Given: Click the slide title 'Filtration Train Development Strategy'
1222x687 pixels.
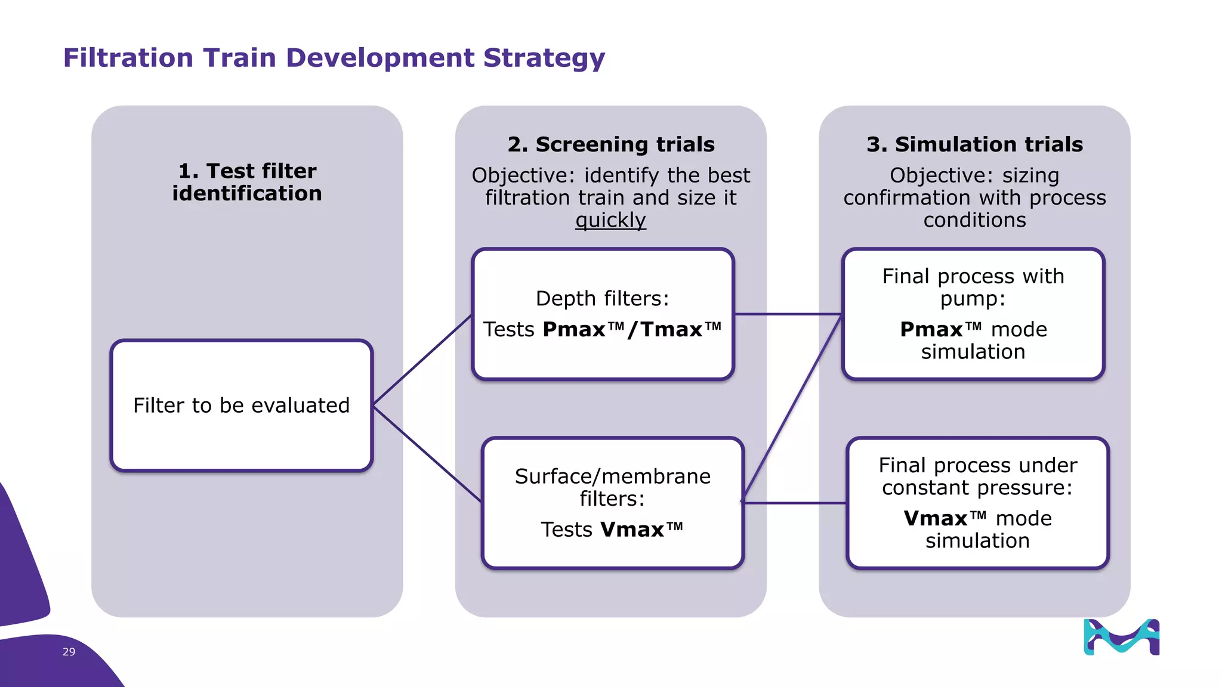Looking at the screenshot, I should coord(334,58).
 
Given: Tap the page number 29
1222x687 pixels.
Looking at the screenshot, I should coord(69,652).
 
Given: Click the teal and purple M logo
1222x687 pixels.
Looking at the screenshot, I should coord(1121,637).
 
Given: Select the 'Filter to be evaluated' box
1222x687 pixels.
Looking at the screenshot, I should coord(242,406).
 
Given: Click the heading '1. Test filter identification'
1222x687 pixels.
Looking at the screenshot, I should coord(247,182).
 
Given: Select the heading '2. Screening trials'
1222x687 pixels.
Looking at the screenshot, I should coord(611,144).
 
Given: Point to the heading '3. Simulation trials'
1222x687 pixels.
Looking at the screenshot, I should coord(974,144).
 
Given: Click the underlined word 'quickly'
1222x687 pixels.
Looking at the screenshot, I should coord(610,220).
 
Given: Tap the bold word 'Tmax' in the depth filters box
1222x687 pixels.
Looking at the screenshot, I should coord(672,330).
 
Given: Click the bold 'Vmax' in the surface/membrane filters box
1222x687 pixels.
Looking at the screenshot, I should coord(632,530).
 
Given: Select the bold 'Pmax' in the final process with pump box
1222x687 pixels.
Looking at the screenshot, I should coord(931,330).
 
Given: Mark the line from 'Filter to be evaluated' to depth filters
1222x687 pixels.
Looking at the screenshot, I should coord(422,360).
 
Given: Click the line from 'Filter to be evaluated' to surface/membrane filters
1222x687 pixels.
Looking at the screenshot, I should coord(427,454).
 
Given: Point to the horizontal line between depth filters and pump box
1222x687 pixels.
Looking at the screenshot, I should coord(788,314).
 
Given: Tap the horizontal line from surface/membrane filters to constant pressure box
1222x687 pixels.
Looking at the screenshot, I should coord(795,503).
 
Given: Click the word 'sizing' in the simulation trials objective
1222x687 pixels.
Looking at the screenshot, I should coord(1030,175).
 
